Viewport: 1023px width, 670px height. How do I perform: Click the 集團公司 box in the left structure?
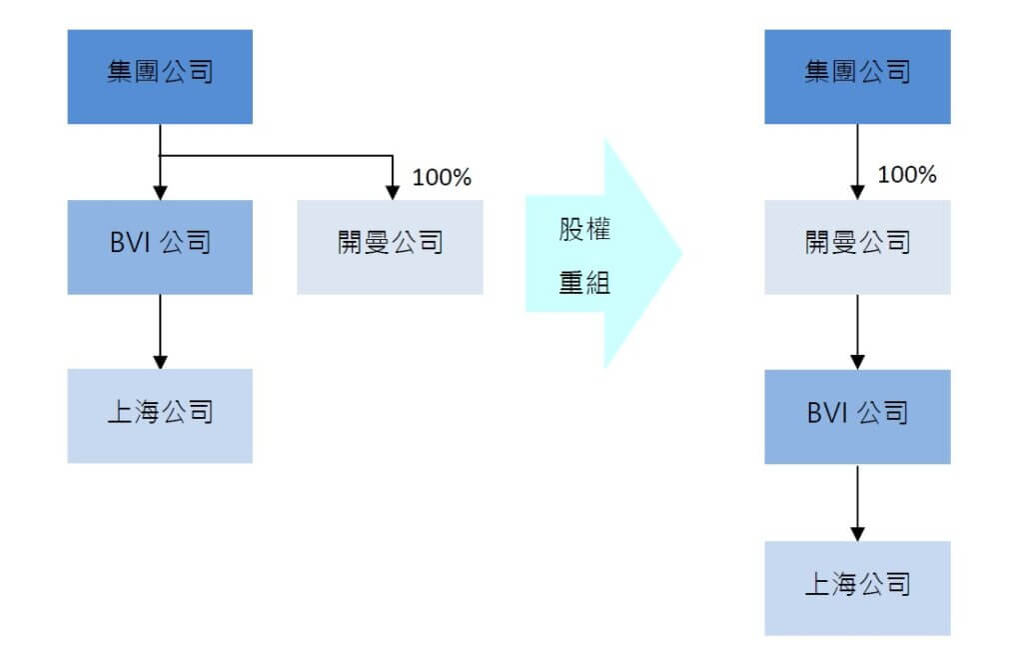coord(160,76)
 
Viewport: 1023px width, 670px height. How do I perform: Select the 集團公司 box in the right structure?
coord(857,76)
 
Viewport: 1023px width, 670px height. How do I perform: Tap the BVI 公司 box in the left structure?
coord(160,246)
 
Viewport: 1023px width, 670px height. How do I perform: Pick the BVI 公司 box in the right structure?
coord(857,416)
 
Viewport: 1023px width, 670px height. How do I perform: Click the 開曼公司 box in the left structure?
coord(390,246)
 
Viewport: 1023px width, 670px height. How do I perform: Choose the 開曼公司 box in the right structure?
coord(857,246)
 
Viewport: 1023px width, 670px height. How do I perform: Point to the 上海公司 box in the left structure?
coord(160,415)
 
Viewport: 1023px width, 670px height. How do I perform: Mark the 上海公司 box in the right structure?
coord(857,587)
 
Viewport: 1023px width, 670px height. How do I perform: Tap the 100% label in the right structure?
coord(907,175)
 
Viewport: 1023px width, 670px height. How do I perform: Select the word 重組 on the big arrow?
coord(583,283)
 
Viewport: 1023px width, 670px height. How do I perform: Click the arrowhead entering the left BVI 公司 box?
coord(160,193)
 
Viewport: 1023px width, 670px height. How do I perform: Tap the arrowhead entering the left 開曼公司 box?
coord(393,193)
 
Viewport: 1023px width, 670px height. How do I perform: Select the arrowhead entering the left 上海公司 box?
coord(160,362)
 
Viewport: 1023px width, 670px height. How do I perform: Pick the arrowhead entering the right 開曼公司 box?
coord(857,193)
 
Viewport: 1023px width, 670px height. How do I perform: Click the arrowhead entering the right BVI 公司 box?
coord(857,363)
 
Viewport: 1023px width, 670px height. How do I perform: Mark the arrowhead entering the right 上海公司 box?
coord(857,534)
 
